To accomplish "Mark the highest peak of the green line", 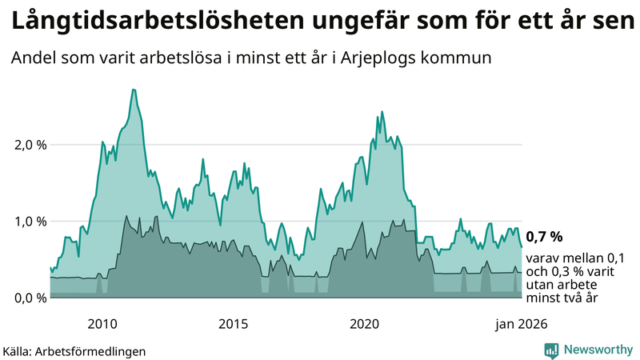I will tap(134, 90).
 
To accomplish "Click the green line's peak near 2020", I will tap(382, 112).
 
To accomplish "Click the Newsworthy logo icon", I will tap(551, 350).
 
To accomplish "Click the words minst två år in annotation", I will tap(562, 298).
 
